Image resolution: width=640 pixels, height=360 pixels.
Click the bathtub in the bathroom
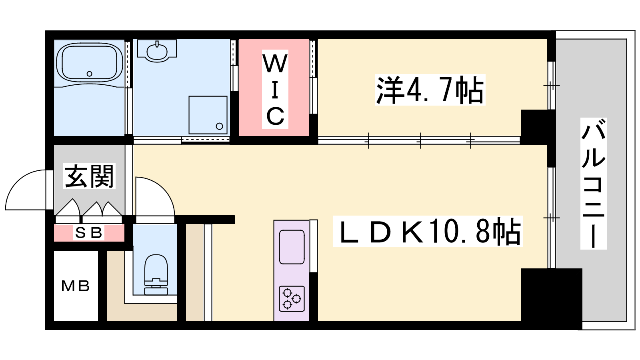click(x=90, y=62)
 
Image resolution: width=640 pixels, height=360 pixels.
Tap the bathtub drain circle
click(x=90, y=74)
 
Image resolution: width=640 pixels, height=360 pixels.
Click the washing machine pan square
click(x=208, y=115)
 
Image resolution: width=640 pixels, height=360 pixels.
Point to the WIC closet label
click(x=275, y=89)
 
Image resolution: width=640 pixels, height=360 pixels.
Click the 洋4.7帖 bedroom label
click(x=430, y=90)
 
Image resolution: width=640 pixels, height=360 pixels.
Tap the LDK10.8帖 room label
click(x=428, y=232)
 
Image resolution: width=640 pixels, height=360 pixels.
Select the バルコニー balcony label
click(x=594, y=184)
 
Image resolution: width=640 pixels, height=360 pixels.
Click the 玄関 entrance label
click(x=89, y=176)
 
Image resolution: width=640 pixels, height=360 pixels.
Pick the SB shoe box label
click(x=88, y=232)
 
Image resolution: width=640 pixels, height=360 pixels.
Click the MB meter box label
click(x=76, y=286)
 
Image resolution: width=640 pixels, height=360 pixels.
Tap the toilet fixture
click(x=156, y=274)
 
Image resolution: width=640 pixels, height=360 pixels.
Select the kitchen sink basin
click(x=292, y=247)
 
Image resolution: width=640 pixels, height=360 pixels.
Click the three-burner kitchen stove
click(x=292, y=299)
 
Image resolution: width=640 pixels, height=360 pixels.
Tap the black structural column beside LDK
click(x=552, y=299)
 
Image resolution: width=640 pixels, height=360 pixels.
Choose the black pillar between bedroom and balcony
click(x=538, y=126)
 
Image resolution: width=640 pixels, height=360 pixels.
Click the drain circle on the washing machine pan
click(x=220, y=126)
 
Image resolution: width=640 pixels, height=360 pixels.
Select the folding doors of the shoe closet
click(x=88, y=208)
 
